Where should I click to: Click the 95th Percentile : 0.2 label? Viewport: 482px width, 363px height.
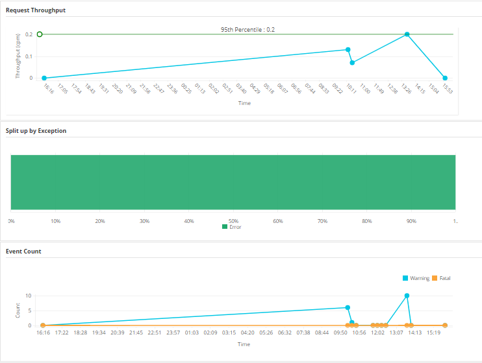click(247, 29)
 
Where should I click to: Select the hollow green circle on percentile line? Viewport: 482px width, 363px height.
click(40, 34)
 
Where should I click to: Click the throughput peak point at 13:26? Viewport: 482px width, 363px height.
click(407, 34)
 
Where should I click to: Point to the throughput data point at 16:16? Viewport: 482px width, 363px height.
click(44, 78)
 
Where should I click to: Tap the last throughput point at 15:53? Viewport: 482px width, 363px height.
click(445, 78)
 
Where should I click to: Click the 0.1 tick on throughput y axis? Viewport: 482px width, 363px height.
click(29, 56)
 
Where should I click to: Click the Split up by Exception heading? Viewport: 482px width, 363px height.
click(36, 131)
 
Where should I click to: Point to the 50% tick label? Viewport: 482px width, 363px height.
click(233, 221)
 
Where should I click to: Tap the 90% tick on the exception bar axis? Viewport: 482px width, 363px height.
click(411, 221)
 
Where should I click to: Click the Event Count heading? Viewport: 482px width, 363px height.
click(24, 250)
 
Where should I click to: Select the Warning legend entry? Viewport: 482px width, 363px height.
click(416, 278)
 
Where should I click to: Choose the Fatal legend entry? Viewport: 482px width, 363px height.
click(441, 278)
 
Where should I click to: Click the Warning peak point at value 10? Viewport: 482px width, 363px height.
click(407, 296)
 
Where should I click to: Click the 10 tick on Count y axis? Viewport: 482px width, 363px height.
click(29, 296)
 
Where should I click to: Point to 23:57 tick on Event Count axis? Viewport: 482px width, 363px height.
click(173, 333)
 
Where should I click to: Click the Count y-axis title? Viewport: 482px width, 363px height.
click(18, 311)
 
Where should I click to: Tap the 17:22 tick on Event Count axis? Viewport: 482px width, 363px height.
click(62, 333)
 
